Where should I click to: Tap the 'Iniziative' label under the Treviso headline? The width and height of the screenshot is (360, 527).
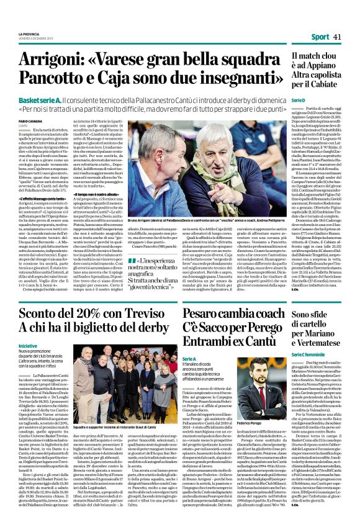tap(28, 345)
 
